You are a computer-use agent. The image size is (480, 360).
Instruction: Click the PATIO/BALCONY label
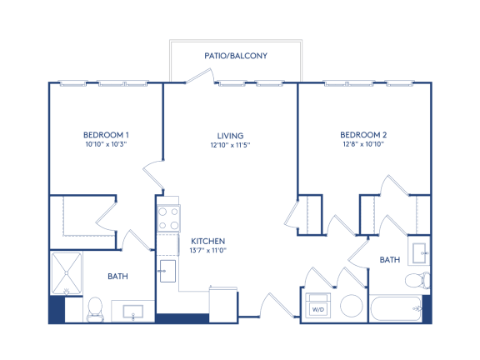pos(236,56)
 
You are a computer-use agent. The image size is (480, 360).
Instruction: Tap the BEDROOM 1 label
pos(106,135)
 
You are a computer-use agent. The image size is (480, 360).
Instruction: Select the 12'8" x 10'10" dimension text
pos(363,144)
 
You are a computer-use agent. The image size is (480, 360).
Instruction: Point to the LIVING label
pos(230,136)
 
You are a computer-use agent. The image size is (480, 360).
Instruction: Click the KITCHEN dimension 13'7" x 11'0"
pos(207,250)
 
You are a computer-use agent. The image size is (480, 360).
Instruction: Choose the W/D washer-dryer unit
pos(318,305)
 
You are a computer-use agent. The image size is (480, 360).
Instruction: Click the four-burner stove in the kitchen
pos(168,218)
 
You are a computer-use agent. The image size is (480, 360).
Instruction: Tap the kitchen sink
pos(167,271)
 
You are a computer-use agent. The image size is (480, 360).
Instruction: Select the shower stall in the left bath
pos(67,273)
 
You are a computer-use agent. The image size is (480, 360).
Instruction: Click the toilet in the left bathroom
pos(95,309)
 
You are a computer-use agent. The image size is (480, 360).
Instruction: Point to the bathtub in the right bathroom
pos(396,309)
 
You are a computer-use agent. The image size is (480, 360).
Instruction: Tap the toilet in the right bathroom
pos(417,280)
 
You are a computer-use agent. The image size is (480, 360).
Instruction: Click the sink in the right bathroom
pos(419,253)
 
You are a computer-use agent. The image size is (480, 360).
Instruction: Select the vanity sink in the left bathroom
pos(132,312)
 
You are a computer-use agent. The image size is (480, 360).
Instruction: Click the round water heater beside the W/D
pos(352,306)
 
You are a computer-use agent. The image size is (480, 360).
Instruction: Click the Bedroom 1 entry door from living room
pos(152,175)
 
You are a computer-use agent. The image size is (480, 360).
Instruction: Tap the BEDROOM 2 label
pos(363,135)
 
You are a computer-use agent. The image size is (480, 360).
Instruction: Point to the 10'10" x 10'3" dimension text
pos(106,144)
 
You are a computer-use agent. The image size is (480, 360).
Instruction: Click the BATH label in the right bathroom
pos(390,260)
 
